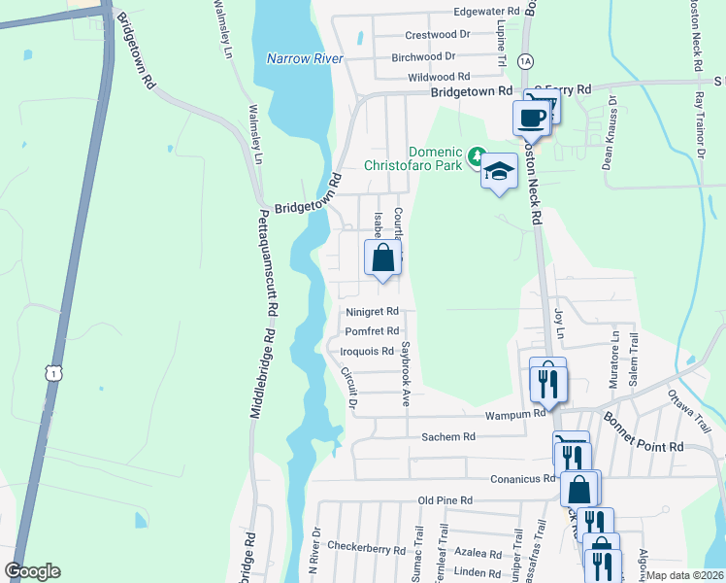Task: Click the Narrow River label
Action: pos(305,58)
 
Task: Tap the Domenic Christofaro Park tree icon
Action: pos(477,155)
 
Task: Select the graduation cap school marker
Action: pos(499,172)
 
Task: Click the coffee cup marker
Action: pos(531,117)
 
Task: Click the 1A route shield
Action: pos(525,60)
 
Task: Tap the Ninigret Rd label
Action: pos(373,312)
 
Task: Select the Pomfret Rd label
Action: pos(373,331)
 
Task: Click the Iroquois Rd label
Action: pos(368,351)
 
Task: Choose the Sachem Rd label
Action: pos(447,437)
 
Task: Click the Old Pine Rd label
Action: pos(445,500)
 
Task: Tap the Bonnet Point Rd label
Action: pos(644,432)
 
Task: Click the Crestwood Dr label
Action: pos(437,33)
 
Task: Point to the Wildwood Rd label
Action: pos(439,76)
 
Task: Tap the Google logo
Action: pos(32,571)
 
